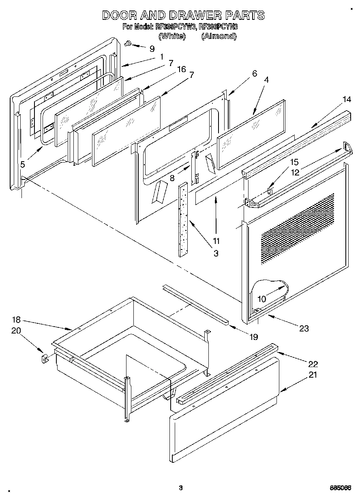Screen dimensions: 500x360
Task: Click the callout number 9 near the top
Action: [152, 49]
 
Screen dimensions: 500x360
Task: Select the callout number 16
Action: [181, 69]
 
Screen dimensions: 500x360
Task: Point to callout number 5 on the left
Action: [23, 164]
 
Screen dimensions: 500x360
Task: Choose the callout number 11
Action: [216, 241]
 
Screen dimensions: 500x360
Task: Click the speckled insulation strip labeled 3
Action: [183, 219]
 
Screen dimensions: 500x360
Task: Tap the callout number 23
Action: [303, 329]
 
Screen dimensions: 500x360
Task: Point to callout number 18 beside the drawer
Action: [16, 320]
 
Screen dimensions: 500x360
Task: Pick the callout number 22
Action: [313, 363]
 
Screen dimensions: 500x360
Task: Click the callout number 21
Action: [313, 375]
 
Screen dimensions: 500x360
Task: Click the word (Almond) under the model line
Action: [219, 36]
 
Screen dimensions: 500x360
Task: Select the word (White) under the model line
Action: [172, 36]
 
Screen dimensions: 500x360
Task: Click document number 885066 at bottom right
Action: [340, 488]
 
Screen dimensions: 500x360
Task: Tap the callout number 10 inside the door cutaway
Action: [262, 299]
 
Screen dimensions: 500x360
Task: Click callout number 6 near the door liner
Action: [254, 73]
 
